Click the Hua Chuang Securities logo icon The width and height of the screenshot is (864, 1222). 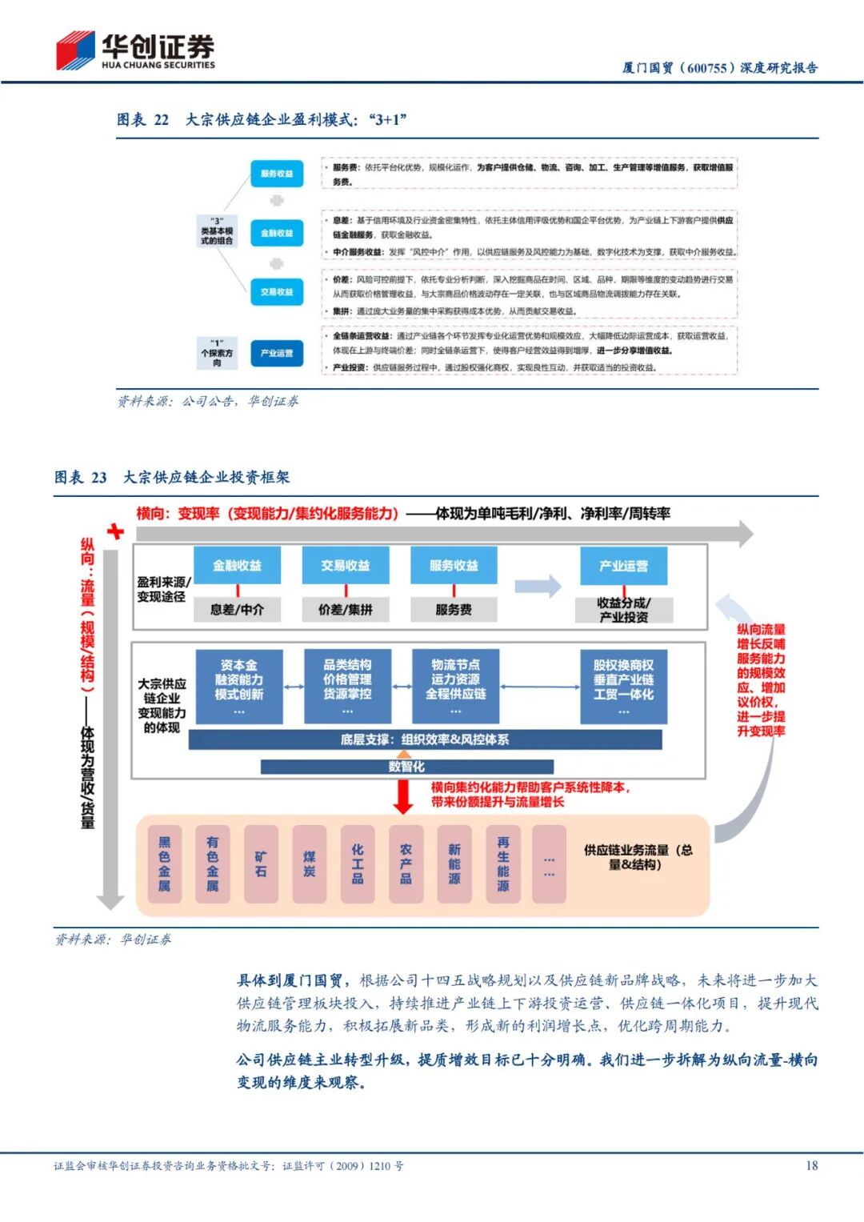pyautogui.click(x=75, y=50)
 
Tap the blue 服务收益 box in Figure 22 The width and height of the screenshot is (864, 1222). pyautogui.click(x=277, y=174)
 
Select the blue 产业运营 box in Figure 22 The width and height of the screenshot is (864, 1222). pyautogui.click(x=277, y=353)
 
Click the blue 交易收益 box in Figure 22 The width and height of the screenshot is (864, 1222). pyautogui.click(x=277, y=292)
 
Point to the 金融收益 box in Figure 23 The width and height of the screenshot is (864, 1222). pyautogui.click(x=237, y=566)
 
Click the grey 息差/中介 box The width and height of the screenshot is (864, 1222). pyautogui.click(x=237, y=610)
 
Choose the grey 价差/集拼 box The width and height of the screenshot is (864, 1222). pyautogui.click(x=346, y=610)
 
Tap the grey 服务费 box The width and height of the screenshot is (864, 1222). pyautogui.click(x=454, y=610)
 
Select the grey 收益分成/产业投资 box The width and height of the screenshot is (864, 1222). pyautogui.click(x=623, y=610)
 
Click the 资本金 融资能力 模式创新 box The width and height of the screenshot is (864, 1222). pyautogui.click(x=238, y=686)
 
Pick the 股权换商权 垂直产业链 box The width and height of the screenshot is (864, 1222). pyautogui.click(x=623, y=686)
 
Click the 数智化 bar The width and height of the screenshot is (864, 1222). pyautogui.click(x=406, y=767)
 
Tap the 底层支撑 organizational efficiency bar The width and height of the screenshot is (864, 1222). pyautogui.click(x=425, y=739)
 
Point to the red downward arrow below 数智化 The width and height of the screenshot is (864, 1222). pyautogui.click(x=404, y=795)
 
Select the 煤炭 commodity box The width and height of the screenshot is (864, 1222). pyautogui.click(x=310, y=864)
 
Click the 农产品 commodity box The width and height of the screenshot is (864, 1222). pyautogui.click(x=406, y=864)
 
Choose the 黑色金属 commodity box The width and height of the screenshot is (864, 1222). pyautogui.click(x=165, y=864)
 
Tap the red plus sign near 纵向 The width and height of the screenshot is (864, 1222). pyautogui.click(x=116, y=531)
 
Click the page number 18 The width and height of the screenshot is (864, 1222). pyautogui.click(x=811, y=1165)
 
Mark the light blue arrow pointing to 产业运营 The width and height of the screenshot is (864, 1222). pyautogui.click(x=538, y=586)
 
